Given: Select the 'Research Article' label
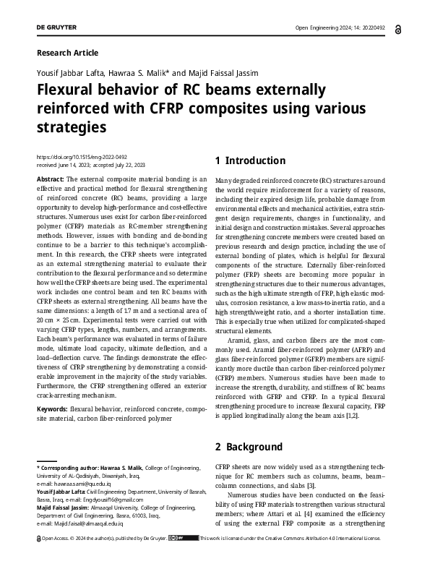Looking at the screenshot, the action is coord(66,53).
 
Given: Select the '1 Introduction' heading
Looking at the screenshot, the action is coord(251,160).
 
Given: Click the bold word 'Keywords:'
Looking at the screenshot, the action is coord(52,408).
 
